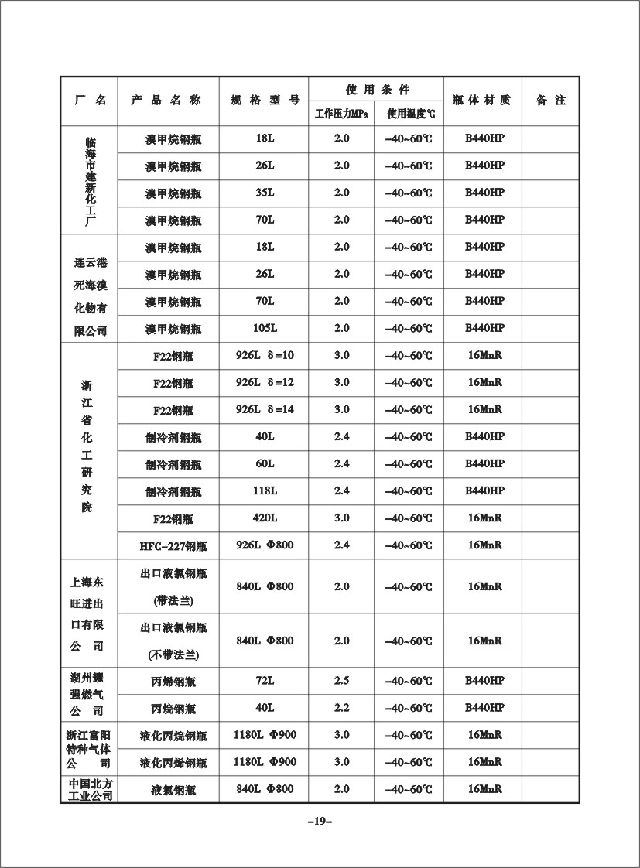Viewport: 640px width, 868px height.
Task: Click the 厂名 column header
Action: click(x=90, y=101)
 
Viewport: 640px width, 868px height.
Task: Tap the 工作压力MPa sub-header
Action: click(x=341, y=114)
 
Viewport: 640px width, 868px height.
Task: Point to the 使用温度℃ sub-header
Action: click(x=409, y=114)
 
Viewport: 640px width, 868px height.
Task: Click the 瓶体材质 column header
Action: click(x=482, y=101)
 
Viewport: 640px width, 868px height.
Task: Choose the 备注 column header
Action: click(x=550, y=101)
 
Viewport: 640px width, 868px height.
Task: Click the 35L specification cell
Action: click(x=265, y=193)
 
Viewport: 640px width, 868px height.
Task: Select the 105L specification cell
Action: click(x=265, y=328)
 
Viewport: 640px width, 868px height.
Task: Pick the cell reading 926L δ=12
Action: click(x=265, y=382)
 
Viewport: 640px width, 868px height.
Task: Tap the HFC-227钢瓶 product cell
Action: click(x=168, y=545)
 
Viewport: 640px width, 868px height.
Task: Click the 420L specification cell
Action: click(x=265, y=518)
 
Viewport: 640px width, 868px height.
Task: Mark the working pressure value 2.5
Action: click(x=341, y=681)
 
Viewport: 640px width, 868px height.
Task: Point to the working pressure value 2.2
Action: click(x=341, y=708)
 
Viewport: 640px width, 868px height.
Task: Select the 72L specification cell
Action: click(x=265, y=681)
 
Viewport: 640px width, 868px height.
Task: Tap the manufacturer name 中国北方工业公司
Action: click(x=90, y=789)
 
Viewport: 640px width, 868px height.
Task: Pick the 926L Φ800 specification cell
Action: click(x=265, y=545)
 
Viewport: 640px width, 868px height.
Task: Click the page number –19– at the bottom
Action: click(x=320, y=822)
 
